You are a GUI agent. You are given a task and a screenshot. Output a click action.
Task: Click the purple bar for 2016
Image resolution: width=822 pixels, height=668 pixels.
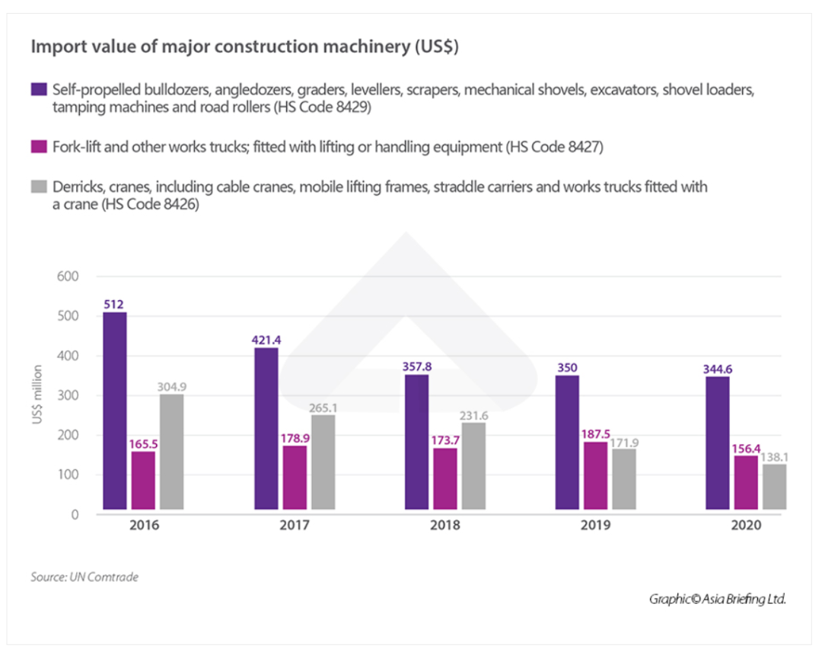tap(114, 411)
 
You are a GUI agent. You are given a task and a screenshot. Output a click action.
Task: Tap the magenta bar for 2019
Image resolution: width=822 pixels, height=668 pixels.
tap(596, 475)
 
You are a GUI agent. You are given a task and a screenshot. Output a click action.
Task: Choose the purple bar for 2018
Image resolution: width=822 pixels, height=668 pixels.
tap(418, 442)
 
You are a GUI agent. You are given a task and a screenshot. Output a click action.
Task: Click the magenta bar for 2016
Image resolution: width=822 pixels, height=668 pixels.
tap(142, 479)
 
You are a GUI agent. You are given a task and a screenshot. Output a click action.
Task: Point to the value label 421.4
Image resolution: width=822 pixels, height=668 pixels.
tap(265, 339)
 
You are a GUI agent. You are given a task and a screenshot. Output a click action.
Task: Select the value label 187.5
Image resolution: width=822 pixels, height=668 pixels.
tap(596, 434)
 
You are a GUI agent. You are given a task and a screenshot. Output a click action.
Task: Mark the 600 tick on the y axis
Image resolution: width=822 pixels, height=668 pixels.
tap(68, 276)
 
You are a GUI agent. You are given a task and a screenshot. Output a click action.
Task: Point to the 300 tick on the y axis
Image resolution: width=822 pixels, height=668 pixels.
tap(68, 396)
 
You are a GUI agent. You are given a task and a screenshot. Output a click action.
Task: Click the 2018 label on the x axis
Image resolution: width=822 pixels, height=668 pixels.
tap(445, 526)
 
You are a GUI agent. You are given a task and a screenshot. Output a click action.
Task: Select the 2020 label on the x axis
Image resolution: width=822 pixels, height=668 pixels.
tap(745, 526)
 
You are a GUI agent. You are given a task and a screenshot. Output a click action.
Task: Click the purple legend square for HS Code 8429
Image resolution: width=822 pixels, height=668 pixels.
tap(38, 90)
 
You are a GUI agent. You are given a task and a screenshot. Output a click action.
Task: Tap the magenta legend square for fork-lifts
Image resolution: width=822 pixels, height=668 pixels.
tap(38, 146)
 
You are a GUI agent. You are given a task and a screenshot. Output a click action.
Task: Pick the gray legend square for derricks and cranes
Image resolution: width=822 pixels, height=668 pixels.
tap(38, 187)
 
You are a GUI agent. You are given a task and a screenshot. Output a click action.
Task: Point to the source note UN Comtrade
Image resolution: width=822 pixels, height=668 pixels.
tap(84, 577)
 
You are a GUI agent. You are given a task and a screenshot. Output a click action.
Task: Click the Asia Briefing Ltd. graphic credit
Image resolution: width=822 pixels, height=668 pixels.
tap(717, 599)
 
